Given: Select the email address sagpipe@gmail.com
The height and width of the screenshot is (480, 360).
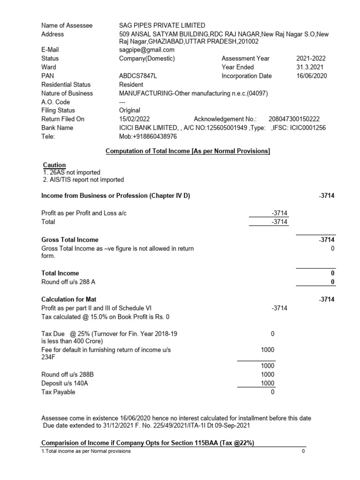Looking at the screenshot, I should point(147,50).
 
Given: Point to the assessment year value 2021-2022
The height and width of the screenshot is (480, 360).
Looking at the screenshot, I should point(311,59).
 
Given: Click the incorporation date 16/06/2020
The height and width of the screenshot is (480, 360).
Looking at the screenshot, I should point(312,76).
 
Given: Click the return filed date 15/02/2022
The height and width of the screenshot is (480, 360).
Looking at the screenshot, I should point(135,119).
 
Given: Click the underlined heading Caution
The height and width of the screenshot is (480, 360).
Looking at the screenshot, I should point(54,165).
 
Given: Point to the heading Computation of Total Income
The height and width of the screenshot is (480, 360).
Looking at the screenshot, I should point(187,150).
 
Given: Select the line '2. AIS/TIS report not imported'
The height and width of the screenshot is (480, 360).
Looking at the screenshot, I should point(83,180).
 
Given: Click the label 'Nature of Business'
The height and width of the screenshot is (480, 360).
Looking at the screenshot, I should point(67,93).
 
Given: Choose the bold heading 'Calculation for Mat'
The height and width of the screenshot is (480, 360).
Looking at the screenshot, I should point(69,299).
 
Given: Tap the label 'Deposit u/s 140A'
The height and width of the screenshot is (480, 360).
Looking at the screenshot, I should point(64,383).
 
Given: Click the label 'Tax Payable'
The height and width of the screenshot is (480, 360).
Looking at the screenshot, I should point(58,392).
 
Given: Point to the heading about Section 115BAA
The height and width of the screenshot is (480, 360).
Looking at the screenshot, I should point(148,443).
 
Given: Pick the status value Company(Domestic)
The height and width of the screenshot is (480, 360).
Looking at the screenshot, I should point(147,59).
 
